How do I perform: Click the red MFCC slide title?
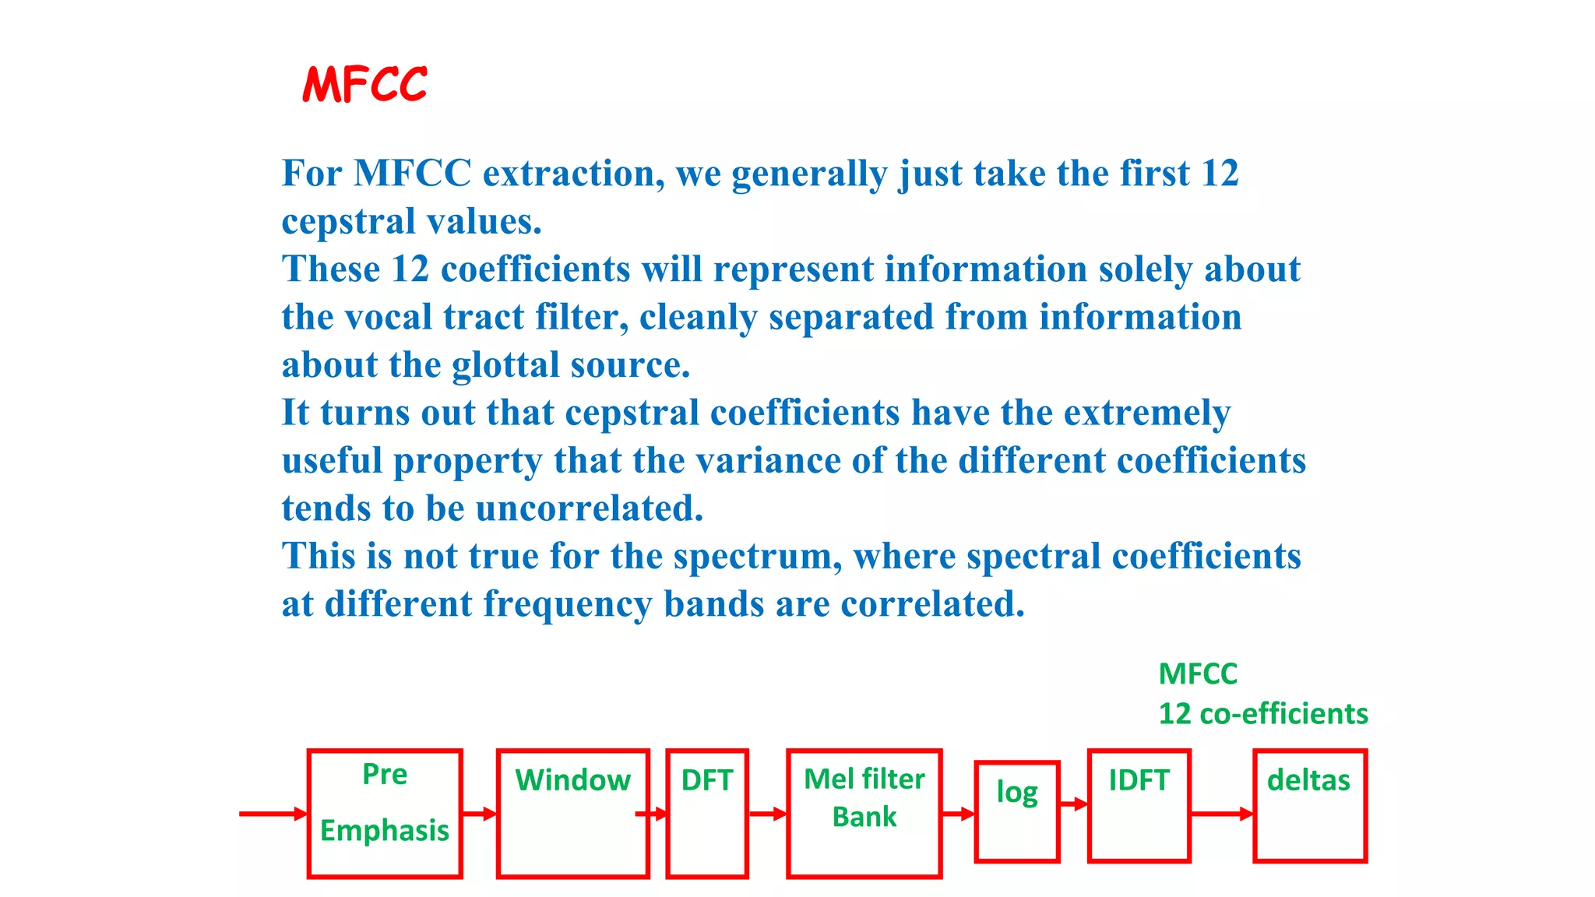point(364,84)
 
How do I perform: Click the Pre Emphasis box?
point(385,813)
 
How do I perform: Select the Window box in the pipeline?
point(572,813)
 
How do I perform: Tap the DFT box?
point(707,813)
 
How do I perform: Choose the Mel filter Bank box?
point(864,813)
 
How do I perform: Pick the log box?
point(1016,811)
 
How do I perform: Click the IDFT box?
point(1139,806)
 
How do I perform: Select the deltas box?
point(1310,806)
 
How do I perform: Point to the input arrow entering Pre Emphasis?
point(273,814)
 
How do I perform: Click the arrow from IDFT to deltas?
point(1221,814)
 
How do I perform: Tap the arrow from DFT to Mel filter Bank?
point(767,814)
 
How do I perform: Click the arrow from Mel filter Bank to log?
point(958,814)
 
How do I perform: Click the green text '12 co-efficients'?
point(1262,713)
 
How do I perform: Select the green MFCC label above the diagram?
point(1197,674)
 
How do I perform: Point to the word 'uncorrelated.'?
point(589,508)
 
